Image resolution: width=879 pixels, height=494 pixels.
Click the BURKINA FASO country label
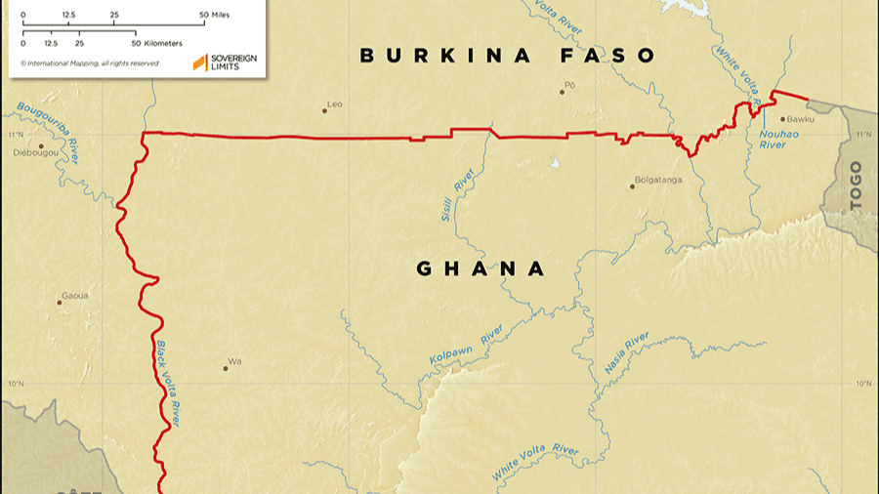pyautogui.click(x=507, y=56)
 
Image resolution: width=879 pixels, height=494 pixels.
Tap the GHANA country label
pyautogui.click(x=481, y=268)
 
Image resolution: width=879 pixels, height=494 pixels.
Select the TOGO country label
pyautogui.click(x=857, y=185)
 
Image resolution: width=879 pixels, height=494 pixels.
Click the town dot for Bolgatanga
pyautogui.click(x=632, y=186)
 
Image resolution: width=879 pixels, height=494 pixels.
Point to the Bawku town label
pyautogui.click(x=801, y=120)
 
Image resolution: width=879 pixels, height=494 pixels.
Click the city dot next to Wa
pyautogui.click(x=226, y=369)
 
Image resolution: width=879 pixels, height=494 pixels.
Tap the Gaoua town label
pyautogui.click(x=75, y=295)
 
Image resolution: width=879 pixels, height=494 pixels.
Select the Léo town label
pyautogui.click(x=335, y=103)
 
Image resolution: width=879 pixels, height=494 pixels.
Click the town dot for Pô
pyautogui.click(x=563, y=92)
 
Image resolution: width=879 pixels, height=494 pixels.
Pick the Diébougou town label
pyautogui.click(x=35, y=153)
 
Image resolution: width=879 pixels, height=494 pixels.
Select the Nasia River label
pyautogui.click(x=626, y=353)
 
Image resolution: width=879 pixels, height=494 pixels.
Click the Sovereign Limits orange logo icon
pyautogui.click(x=199, y=62)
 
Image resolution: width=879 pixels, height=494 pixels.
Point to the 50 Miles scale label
pyautogui.click(x=217, y=16)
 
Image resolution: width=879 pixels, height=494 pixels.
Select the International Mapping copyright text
pyautogui.click(x=89, y=63)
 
